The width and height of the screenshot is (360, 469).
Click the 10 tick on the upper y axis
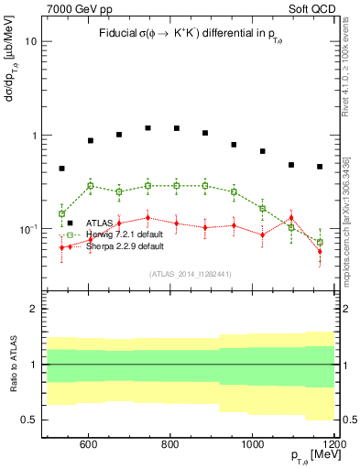(x=31, y=42)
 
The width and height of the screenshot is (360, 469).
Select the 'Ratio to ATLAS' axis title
(x=12, y=365)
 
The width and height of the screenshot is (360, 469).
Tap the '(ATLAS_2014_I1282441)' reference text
(x=191, y=273)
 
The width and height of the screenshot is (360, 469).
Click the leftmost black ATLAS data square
(x=61, y=169)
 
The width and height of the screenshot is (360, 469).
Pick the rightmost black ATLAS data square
(x=320, y=167)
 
